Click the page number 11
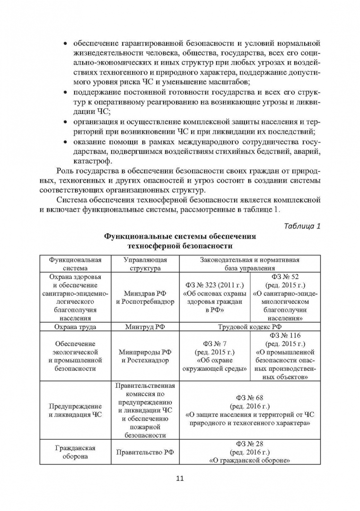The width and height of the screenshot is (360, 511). click(x=179, y=478)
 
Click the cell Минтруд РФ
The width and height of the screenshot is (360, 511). click(x=145, y=326)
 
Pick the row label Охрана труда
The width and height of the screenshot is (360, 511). click(x=75, y=326)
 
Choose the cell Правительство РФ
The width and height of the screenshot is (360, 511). click(x=145, y=452)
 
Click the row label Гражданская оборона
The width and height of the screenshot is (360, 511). click(x=75, y=452)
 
